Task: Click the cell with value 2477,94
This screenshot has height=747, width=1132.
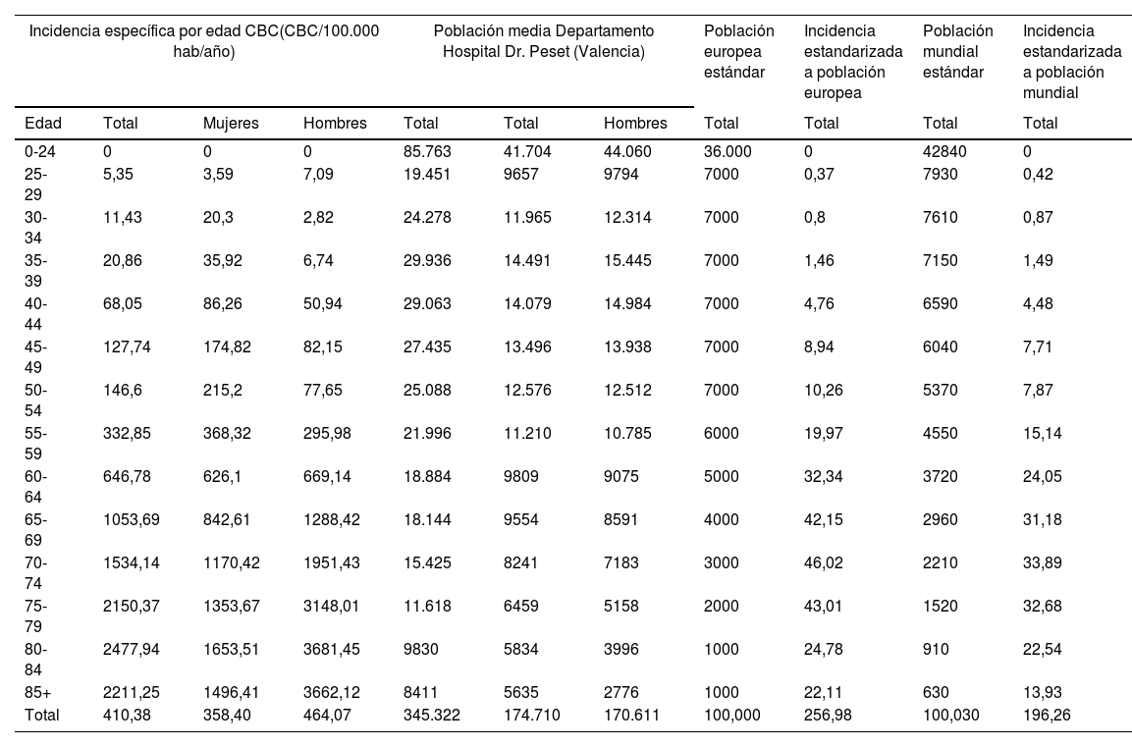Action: click(131, 649)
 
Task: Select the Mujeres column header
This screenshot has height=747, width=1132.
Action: click(231, 123)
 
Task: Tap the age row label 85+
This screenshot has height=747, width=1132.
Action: click(37, 692)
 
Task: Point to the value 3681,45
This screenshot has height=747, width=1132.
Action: click(334, 649)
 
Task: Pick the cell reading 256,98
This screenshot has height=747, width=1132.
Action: click(826, 715)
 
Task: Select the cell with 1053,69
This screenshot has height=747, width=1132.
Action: click(131, 519)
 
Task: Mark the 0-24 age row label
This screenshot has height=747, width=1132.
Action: click(40, 152)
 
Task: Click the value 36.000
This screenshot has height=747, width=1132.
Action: click(727, 152)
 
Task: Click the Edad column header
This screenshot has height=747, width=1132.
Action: click(43, 123)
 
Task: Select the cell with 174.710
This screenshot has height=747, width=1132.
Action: click(531, 715)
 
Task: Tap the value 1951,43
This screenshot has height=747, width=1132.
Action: click(334, 562)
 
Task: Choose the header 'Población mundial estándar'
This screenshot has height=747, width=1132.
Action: click(957, 51)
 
